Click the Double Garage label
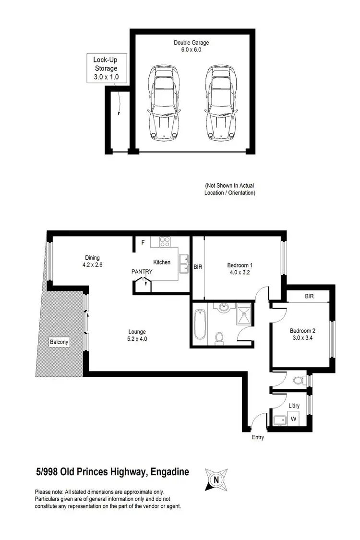191,46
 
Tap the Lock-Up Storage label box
106,67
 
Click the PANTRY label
142,272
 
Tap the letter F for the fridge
143,243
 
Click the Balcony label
59,342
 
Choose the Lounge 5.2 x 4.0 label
137,335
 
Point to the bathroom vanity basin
223,307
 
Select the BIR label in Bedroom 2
309,297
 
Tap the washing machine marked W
293,419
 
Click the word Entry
258,437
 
